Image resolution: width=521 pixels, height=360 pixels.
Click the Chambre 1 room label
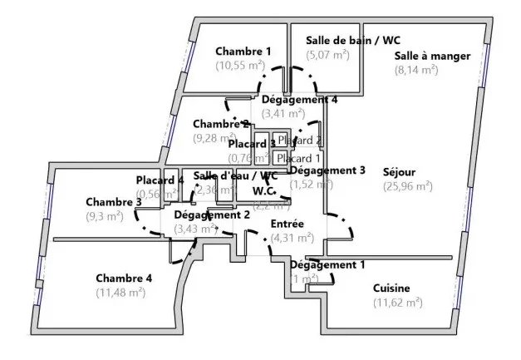pos(243,52)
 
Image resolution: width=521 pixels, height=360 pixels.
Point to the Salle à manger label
pos(432,57)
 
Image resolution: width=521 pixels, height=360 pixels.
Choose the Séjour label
pos(399,173)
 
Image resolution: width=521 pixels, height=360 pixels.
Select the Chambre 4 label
pos(124,278)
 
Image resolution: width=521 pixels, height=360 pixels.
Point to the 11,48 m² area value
pos(120,292)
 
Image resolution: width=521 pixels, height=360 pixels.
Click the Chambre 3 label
pos(113,202)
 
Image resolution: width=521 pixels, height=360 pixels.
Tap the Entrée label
pos(288,224)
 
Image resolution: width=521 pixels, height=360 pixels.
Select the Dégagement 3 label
pos(327,170)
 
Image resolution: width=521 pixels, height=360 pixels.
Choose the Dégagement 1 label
pos(327,265)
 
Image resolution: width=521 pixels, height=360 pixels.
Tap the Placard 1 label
pos(299,158)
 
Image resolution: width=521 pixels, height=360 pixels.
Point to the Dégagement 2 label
pos(212,215)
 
